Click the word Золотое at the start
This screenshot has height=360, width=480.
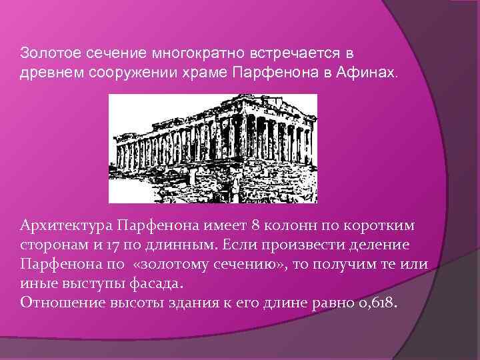click(x=43, y=52)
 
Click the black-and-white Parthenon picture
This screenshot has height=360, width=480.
click(x=213, y=148)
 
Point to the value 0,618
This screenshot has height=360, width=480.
click(x=377, y=301)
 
